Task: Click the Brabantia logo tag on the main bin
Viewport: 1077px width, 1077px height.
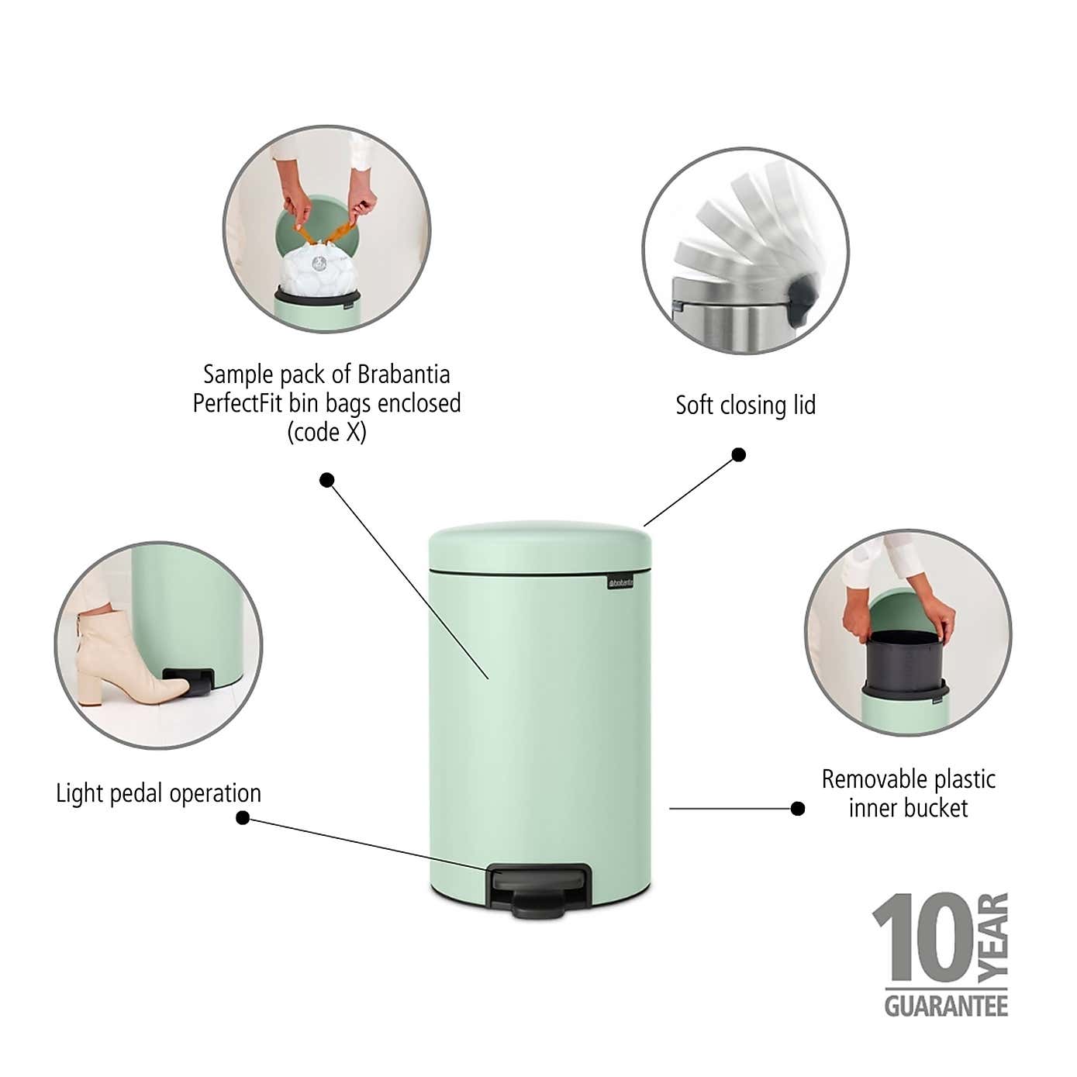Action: [620, 582]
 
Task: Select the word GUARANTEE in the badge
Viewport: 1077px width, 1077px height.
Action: [946, 1006]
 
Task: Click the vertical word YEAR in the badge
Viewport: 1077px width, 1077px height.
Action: [993, 936]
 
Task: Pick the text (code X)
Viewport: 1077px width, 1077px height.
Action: [326, 432]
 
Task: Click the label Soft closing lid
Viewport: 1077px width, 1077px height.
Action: [745, 405]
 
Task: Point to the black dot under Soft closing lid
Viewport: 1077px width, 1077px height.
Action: [739, 454]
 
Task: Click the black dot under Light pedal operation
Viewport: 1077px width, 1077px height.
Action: [243, 818]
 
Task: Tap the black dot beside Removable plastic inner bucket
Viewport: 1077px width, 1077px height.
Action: [797, 809]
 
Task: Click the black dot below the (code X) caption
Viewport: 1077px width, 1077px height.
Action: [327, 480]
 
